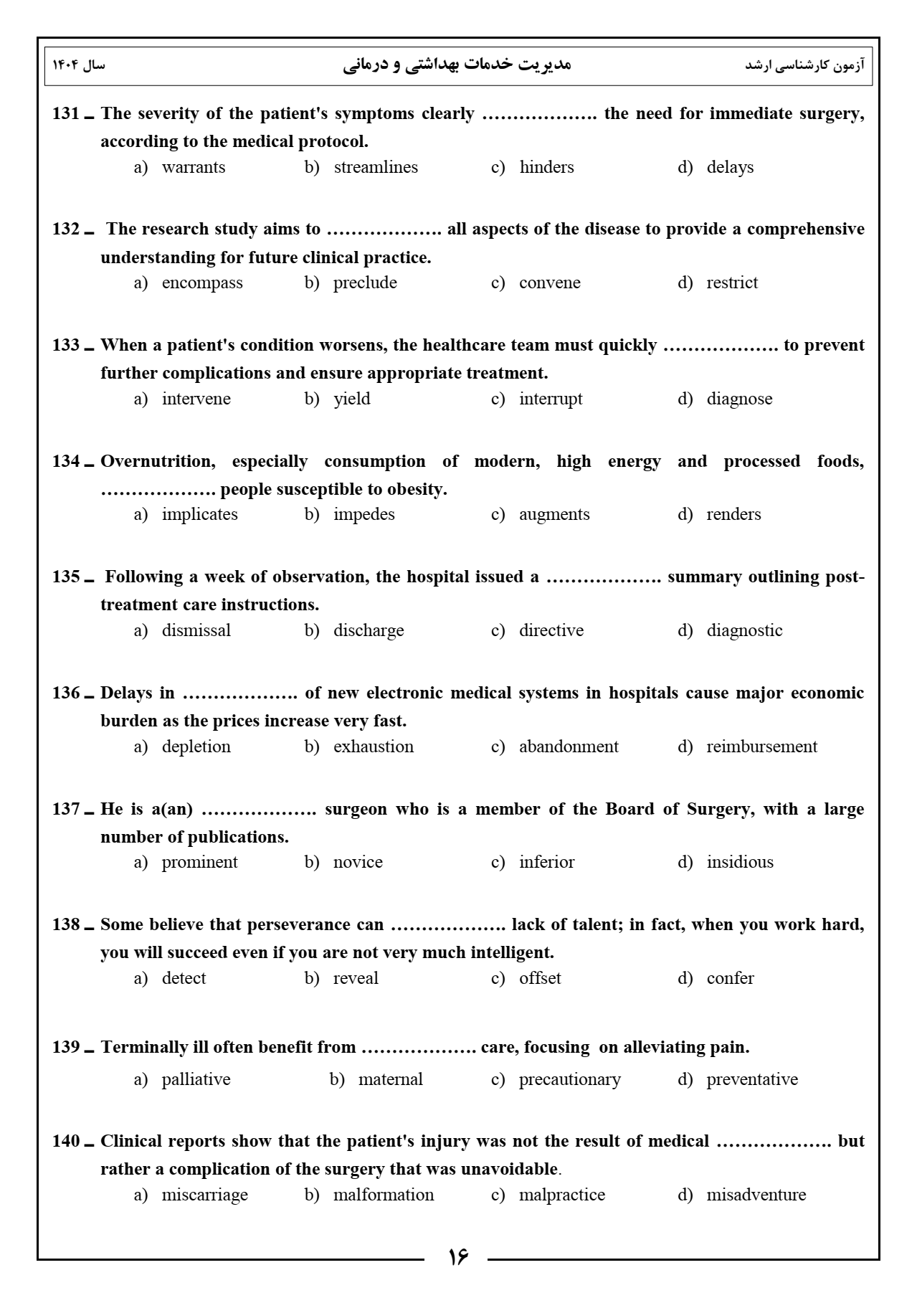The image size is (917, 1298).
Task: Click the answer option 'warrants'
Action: click(193, 168)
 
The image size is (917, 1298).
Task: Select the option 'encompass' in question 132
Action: click(201, 283)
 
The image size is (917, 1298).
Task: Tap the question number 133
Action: click(65, 346)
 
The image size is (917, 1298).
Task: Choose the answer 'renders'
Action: click(733, 515)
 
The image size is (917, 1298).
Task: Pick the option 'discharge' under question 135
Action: click(368, 631)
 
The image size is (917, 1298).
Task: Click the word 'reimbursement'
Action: click(761, 747)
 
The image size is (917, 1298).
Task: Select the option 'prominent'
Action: click(199, 863)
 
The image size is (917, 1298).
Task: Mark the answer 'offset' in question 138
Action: click(539, 979)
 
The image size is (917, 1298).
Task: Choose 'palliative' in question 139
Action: click(196, 1080)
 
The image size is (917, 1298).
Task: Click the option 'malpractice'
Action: click(561, 1195)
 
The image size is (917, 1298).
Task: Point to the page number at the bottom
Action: click(458, 1257)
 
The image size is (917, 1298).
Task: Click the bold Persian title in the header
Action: click(457, 65)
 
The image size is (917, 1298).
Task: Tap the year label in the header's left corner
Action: click(79, 65)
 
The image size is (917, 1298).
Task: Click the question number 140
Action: click(65, 1142)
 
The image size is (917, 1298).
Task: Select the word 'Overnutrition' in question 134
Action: click(157, 462)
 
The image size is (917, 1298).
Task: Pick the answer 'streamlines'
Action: click(375, 168)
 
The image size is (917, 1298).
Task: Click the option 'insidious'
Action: click(739, 863)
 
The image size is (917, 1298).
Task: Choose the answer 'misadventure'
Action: click(756, 1195)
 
